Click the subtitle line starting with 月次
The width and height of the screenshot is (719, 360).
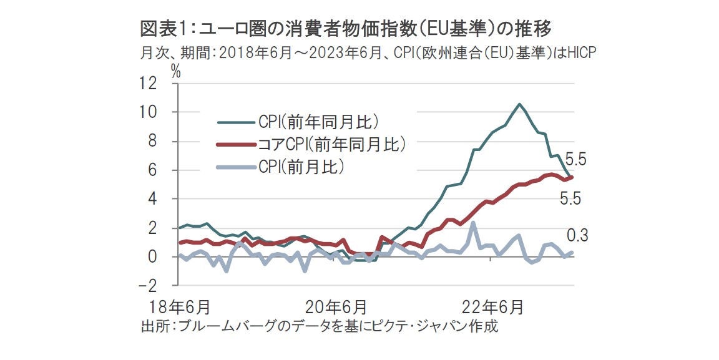(368, 53)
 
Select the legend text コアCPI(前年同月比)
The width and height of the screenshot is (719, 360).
(331, 145)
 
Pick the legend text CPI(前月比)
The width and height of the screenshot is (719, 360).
(302, 167)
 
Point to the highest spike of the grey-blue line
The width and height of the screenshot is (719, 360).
(474, 223)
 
